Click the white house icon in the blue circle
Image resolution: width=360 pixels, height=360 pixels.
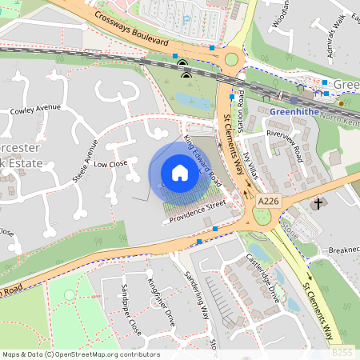(x=180, y=172)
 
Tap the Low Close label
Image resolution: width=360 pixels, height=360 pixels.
(x=111, y=163)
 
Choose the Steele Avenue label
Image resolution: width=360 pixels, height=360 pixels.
(x=85, y=161)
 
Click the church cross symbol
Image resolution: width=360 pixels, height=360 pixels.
(x=318, y=204)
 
